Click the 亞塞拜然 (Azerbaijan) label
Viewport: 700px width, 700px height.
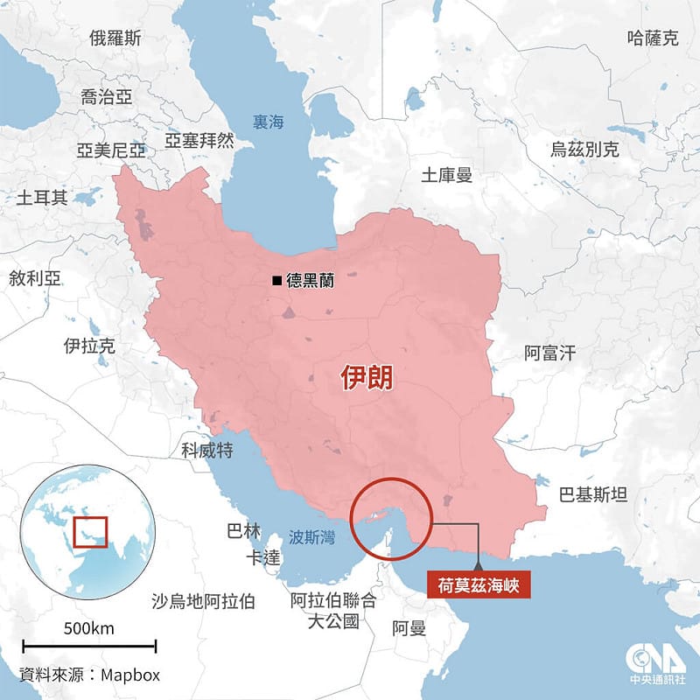tap(199, 140)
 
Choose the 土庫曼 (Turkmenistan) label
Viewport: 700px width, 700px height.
tap(446, 175)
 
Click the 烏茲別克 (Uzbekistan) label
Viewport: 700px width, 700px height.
tap(584, 150)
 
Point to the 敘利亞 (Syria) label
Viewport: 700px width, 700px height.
tap(35, 278)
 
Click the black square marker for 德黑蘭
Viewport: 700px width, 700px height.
tap(276, 281)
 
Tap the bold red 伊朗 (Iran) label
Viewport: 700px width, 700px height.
tap(367, 378)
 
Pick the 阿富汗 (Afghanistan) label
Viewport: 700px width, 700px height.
tap(550, 353)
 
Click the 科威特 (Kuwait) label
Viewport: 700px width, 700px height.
tap(206, 450)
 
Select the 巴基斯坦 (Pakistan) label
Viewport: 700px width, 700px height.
tap(593, 495)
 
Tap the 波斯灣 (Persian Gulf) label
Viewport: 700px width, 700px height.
tap(311, 537)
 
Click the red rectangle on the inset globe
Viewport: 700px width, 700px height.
tap(89, 531)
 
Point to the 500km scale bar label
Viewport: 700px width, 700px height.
tap(89, 629)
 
